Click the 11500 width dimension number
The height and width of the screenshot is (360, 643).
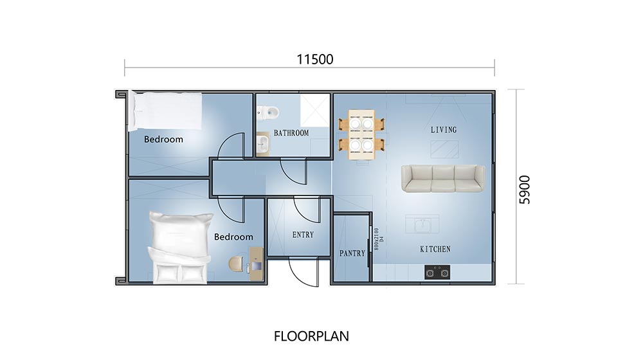tap(315, 59)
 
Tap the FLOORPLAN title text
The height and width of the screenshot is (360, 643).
tap(311, 336)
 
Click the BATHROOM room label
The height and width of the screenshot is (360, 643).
tap(291, 133)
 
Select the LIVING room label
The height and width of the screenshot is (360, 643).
tap(444, 130)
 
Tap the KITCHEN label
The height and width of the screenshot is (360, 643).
tap(435, 249)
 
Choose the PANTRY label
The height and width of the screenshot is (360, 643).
tap(352, 253)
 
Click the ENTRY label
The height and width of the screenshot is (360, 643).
tap(303, 235)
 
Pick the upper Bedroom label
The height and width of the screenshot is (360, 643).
tap(163, 139)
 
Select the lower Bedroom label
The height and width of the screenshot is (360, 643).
tap(233, 237)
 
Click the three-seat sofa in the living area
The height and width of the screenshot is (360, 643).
tap(444, 178)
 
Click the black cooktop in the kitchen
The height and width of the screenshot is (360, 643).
tap(437, 273)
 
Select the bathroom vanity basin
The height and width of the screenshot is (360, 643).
tap(262, 143)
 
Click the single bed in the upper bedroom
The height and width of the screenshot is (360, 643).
tap(165, 110)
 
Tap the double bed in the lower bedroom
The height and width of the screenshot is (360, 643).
tap(180, 248)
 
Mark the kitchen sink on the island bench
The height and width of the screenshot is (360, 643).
tap(422, 225)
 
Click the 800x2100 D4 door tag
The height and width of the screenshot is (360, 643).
tap(378, 235)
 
